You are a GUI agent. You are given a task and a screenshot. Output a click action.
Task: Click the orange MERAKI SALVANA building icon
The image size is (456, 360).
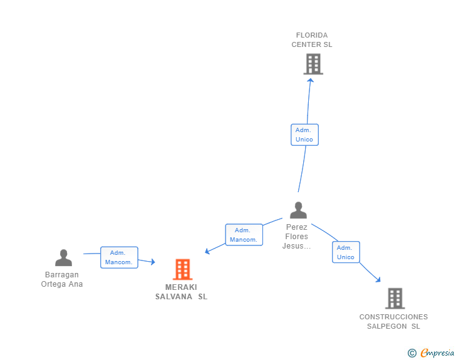tap(183, 269)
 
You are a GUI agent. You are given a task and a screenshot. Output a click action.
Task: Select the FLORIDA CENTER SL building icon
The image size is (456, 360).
tap(313, 64)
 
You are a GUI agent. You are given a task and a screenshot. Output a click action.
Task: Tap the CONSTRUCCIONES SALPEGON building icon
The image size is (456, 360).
tap(395, 299)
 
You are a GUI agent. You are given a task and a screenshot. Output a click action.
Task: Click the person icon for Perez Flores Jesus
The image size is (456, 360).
tap(298, 210)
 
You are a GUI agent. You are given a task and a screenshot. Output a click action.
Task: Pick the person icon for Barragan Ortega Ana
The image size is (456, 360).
tap(63, 258)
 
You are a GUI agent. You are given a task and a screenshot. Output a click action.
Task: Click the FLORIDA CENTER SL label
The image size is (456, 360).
tap(312, 40)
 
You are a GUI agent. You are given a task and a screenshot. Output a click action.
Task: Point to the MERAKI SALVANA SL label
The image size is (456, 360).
tap(181, 292)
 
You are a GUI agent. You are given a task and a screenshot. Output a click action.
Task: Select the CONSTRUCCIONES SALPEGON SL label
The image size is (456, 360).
tap(393, 321)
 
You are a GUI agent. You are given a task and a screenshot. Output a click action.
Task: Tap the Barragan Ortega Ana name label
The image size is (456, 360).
tap(62, 279)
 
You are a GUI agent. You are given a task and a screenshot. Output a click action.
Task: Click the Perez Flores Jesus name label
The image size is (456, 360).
tap(297, 237)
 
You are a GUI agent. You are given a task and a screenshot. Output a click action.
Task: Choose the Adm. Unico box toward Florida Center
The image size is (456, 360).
tap(304, 135)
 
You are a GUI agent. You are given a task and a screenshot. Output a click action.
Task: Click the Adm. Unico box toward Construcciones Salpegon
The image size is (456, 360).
tap(346, 252)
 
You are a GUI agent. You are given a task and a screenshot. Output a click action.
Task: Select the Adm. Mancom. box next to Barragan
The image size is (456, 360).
tap(119, 257)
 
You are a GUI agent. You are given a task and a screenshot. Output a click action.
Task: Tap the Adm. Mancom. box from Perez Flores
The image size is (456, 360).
tap(244, 235)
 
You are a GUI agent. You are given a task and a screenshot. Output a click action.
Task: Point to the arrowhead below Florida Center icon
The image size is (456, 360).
tap(311, 80)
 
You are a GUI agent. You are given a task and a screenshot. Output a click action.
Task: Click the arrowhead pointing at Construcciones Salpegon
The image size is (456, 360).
tap(378, 279)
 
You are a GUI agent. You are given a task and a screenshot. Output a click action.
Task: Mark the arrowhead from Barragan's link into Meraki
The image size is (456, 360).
tap(153, 262)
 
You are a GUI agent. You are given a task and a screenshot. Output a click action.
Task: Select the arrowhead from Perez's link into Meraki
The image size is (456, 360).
tap(207, 251)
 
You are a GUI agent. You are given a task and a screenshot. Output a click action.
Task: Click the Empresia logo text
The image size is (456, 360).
tap(437, 353)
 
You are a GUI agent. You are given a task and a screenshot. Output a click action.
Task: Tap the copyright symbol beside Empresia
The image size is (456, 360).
tap(412, 353)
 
